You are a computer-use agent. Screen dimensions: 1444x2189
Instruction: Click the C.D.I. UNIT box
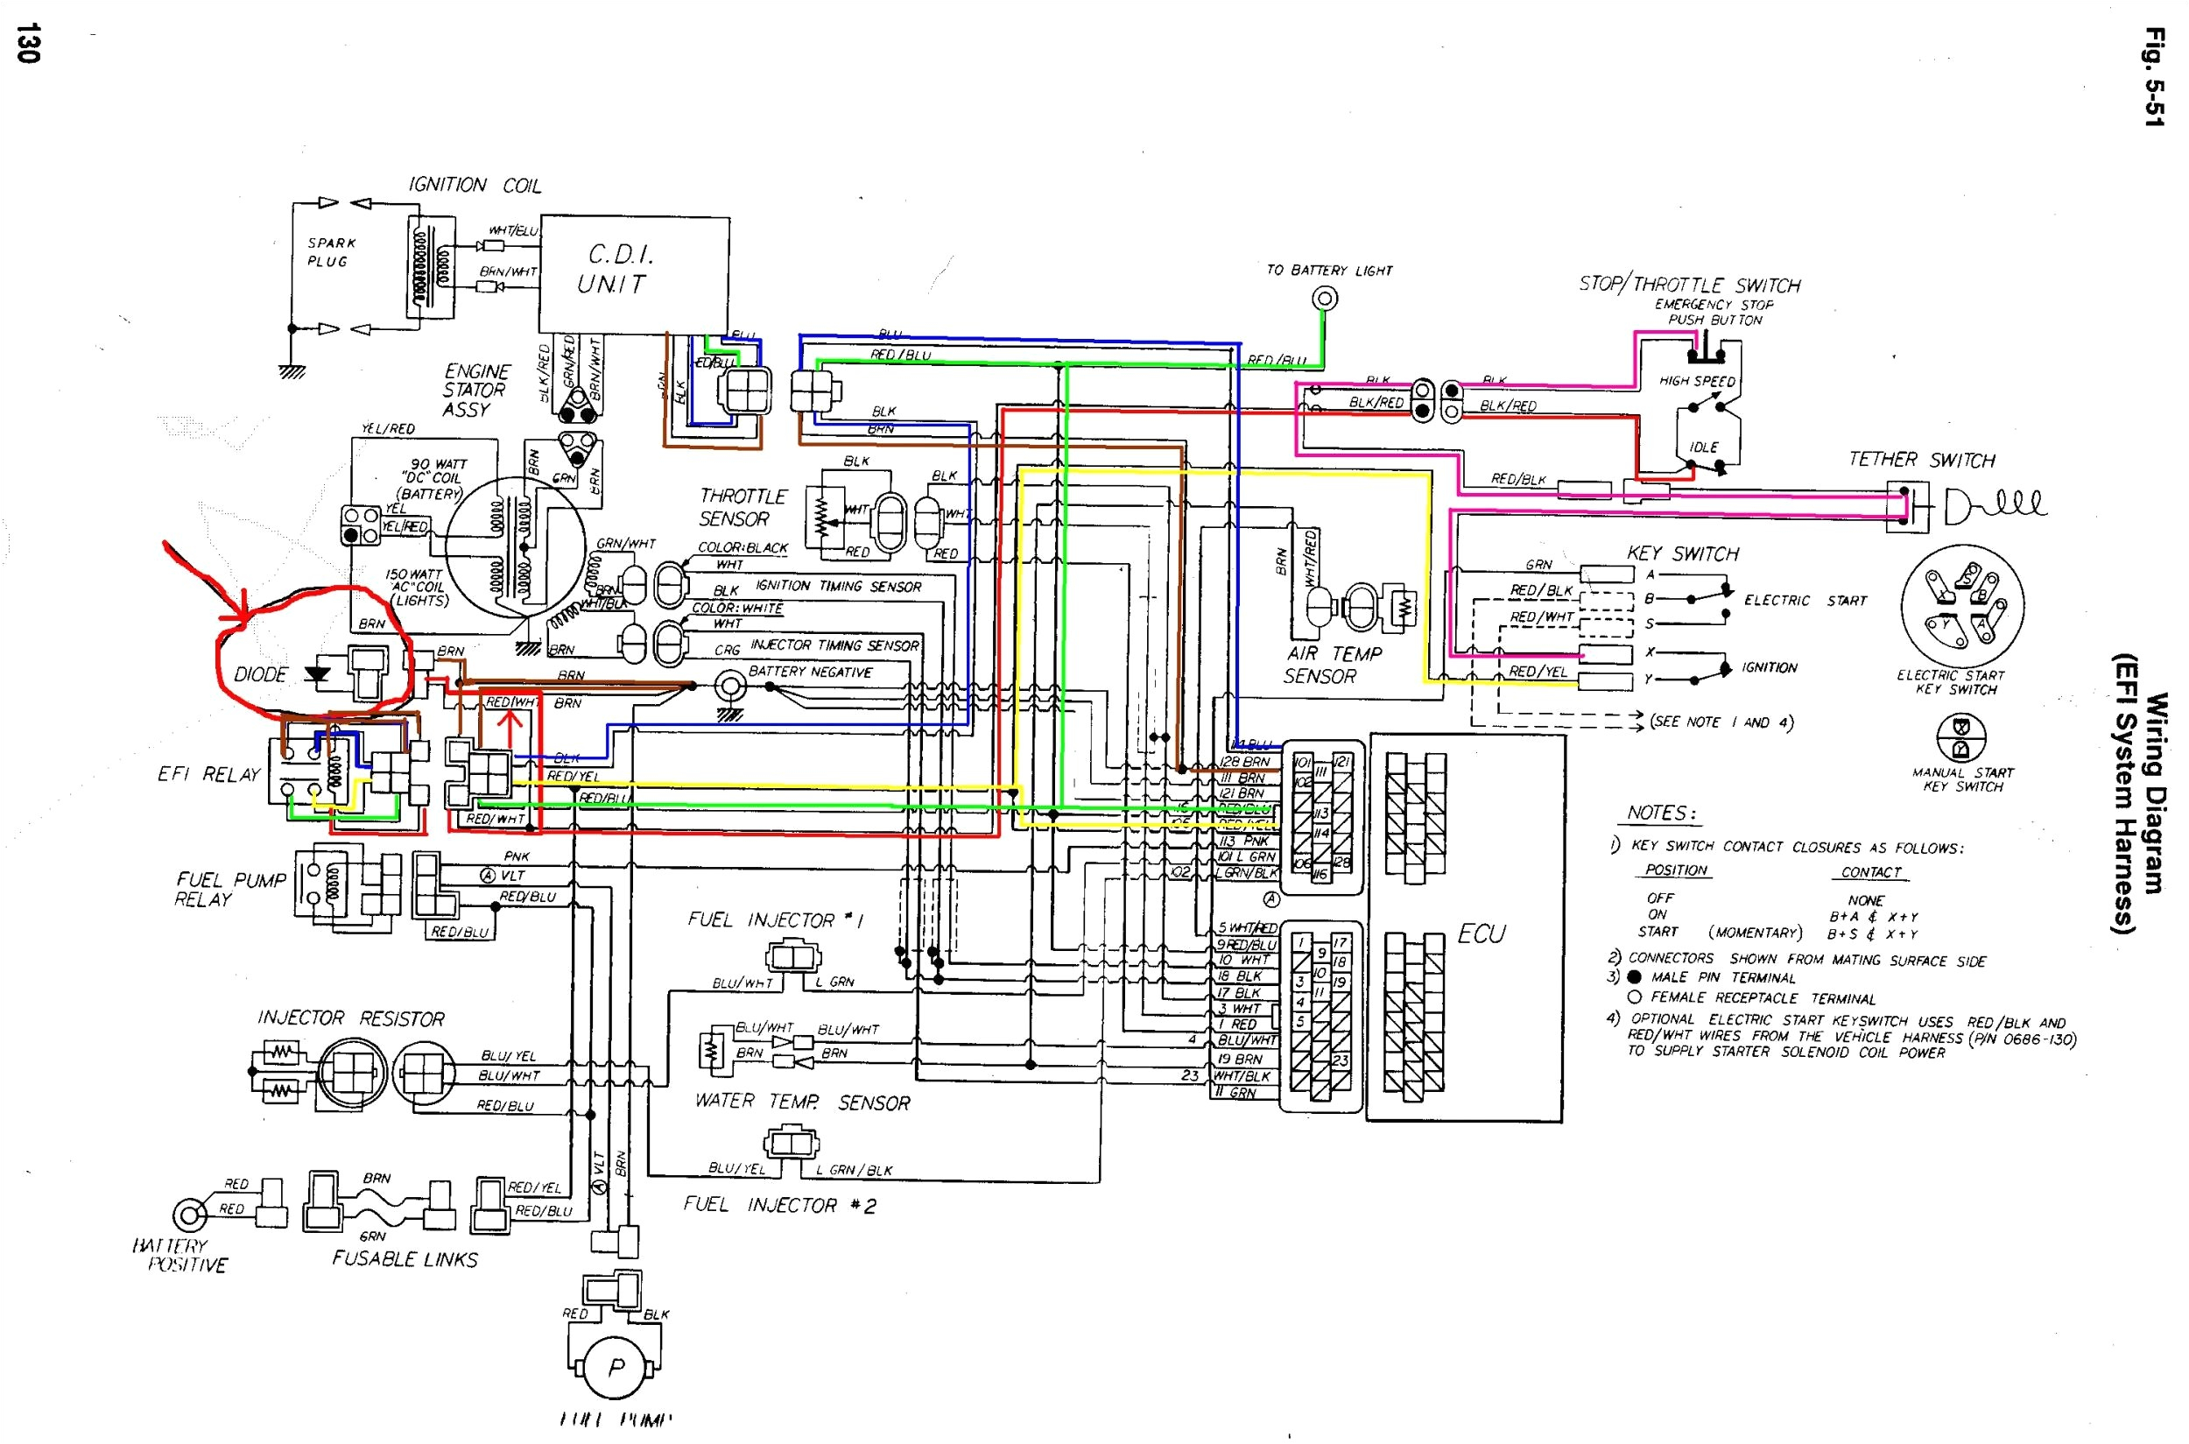635,273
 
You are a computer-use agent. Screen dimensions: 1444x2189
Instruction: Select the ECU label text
1481,933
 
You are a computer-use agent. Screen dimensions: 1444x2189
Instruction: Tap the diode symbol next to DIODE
319,674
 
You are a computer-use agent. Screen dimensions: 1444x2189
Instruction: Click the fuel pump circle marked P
616,1368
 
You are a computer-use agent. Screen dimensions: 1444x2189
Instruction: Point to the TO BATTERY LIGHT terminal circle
1324,298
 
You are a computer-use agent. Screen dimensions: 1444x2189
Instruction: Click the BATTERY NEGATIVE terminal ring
731,685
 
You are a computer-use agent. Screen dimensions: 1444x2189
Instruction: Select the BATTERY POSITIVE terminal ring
190,1215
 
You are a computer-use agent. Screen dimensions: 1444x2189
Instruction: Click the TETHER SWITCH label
1922,460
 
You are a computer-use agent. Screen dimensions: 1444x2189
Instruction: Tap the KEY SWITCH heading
1683,553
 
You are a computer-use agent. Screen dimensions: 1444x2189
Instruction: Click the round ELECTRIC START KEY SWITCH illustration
1962,606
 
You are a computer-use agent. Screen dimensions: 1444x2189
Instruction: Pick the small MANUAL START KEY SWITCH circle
1961,736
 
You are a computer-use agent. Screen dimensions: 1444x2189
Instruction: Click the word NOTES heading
1660,813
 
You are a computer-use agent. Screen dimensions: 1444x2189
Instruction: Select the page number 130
28,43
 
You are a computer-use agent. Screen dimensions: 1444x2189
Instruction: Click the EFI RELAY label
209,774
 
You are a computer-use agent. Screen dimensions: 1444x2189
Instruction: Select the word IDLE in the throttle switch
1703,447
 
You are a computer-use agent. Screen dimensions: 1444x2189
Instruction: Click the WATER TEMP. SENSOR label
802,1102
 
